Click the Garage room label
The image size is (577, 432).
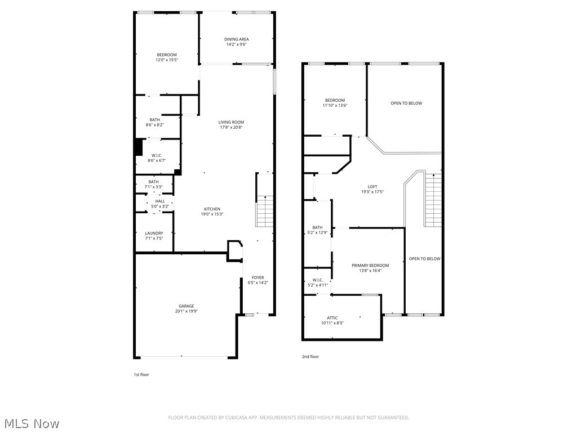tap(187, 306)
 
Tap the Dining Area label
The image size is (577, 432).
tap(237, 39)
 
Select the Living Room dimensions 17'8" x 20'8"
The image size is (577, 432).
tap(231, 127)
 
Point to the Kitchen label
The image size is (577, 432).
tap(212, 209)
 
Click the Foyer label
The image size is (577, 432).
tap(258, 278)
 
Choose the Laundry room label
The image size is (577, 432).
tap(154, 233)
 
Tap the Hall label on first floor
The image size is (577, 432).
tap(160, 201)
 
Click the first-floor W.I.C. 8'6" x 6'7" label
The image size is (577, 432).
tap(157, 155)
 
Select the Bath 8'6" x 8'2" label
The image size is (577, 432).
tap(154, 120)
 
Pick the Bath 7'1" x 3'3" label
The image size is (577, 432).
tap(153, 182)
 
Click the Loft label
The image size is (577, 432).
tap(372, 187)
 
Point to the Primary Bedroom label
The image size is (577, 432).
tap(370, 265)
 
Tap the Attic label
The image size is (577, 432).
tap(332, 318)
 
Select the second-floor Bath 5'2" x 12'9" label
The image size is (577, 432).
tap(317, 228)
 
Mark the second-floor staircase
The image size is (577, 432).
tap(433, 200)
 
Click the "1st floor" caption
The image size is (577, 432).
tap(141, 374)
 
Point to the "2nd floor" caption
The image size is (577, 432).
tap(310, 356)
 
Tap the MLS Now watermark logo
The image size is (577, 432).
tap(30, 423)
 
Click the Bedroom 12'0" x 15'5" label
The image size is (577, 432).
tap(166, 55)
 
